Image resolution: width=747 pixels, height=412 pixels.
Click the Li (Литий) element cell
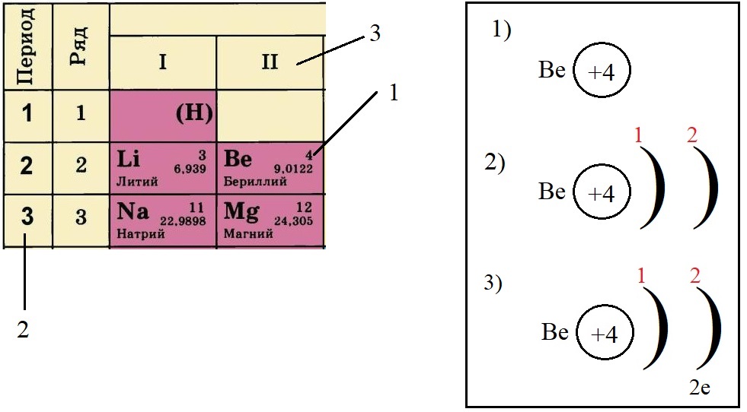163,168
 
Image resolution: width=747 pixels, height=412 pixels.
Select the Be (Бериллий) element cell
270,168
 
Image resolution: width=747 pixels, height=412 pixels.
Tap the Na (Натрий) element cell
163,220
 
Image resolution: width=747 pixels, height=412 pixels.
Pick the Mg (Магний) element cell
270,220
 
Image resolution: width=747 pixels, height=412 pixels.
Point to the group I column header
162,62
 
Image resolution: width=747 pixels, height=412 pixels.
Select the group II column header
270,62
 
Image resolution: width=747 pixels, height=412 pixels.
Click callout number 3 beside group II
374,34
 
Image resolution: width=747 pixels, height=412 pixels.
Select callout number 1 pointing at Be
393,93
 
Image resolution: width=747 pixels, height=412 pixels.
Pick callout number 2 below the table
24,330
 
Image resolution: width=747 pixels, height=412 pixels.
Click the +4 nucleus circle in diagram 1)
602,72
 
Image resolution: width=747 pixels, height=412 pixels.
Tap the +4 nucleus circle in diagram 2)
602,193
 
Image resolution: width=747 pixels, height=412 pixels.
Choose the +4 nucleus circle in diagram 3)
605,335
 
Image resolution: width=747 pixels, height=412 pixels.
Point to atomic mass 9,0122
293,169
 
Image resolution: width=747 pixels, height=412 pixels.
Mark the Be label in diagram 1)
551,71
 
